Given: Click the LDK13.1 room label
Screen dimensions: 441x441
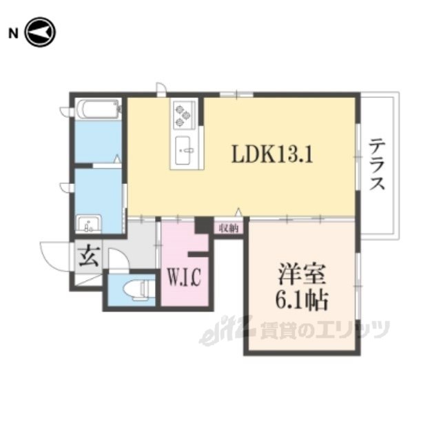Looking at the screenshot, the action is click(x=272, y=154).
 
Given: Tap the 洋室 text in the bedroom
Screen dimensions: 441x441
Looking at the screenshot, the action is click(x=302, y=274).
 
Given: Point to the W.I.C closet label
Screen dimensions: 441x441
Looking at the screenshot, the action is click(x=184, y=277).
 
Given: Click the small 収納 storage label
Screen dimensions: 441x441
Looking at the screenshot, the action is click(x=229, y=228).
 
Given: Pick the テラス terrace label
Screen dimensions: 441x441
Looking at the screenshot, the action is click(x=377, y=164).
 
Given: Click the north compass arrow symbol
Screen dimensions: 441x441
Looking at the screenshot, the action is click(x=40, y=32).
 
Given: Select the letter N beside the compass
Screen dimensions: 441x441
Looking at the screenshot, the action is click(x=14, y=34).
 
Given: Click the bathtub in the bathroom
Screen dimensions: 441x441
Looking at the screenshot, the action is click(x=98, y=109).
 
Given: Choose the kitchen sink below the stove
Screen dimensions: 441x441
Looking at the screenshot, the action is click(x=183, y=150).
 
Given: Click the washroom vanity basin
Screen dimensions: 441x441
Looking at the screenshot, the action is click(x=89, y=224).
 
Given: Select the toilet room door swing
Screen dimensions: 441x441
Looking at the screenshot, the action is click(x=119, y=259).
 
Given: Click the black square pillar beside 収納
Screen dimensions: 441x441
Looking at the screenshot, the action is click(x=204, y=225).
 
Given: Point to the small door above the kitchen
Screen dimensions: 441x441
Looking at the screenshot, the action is click(x=162, y=89).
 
